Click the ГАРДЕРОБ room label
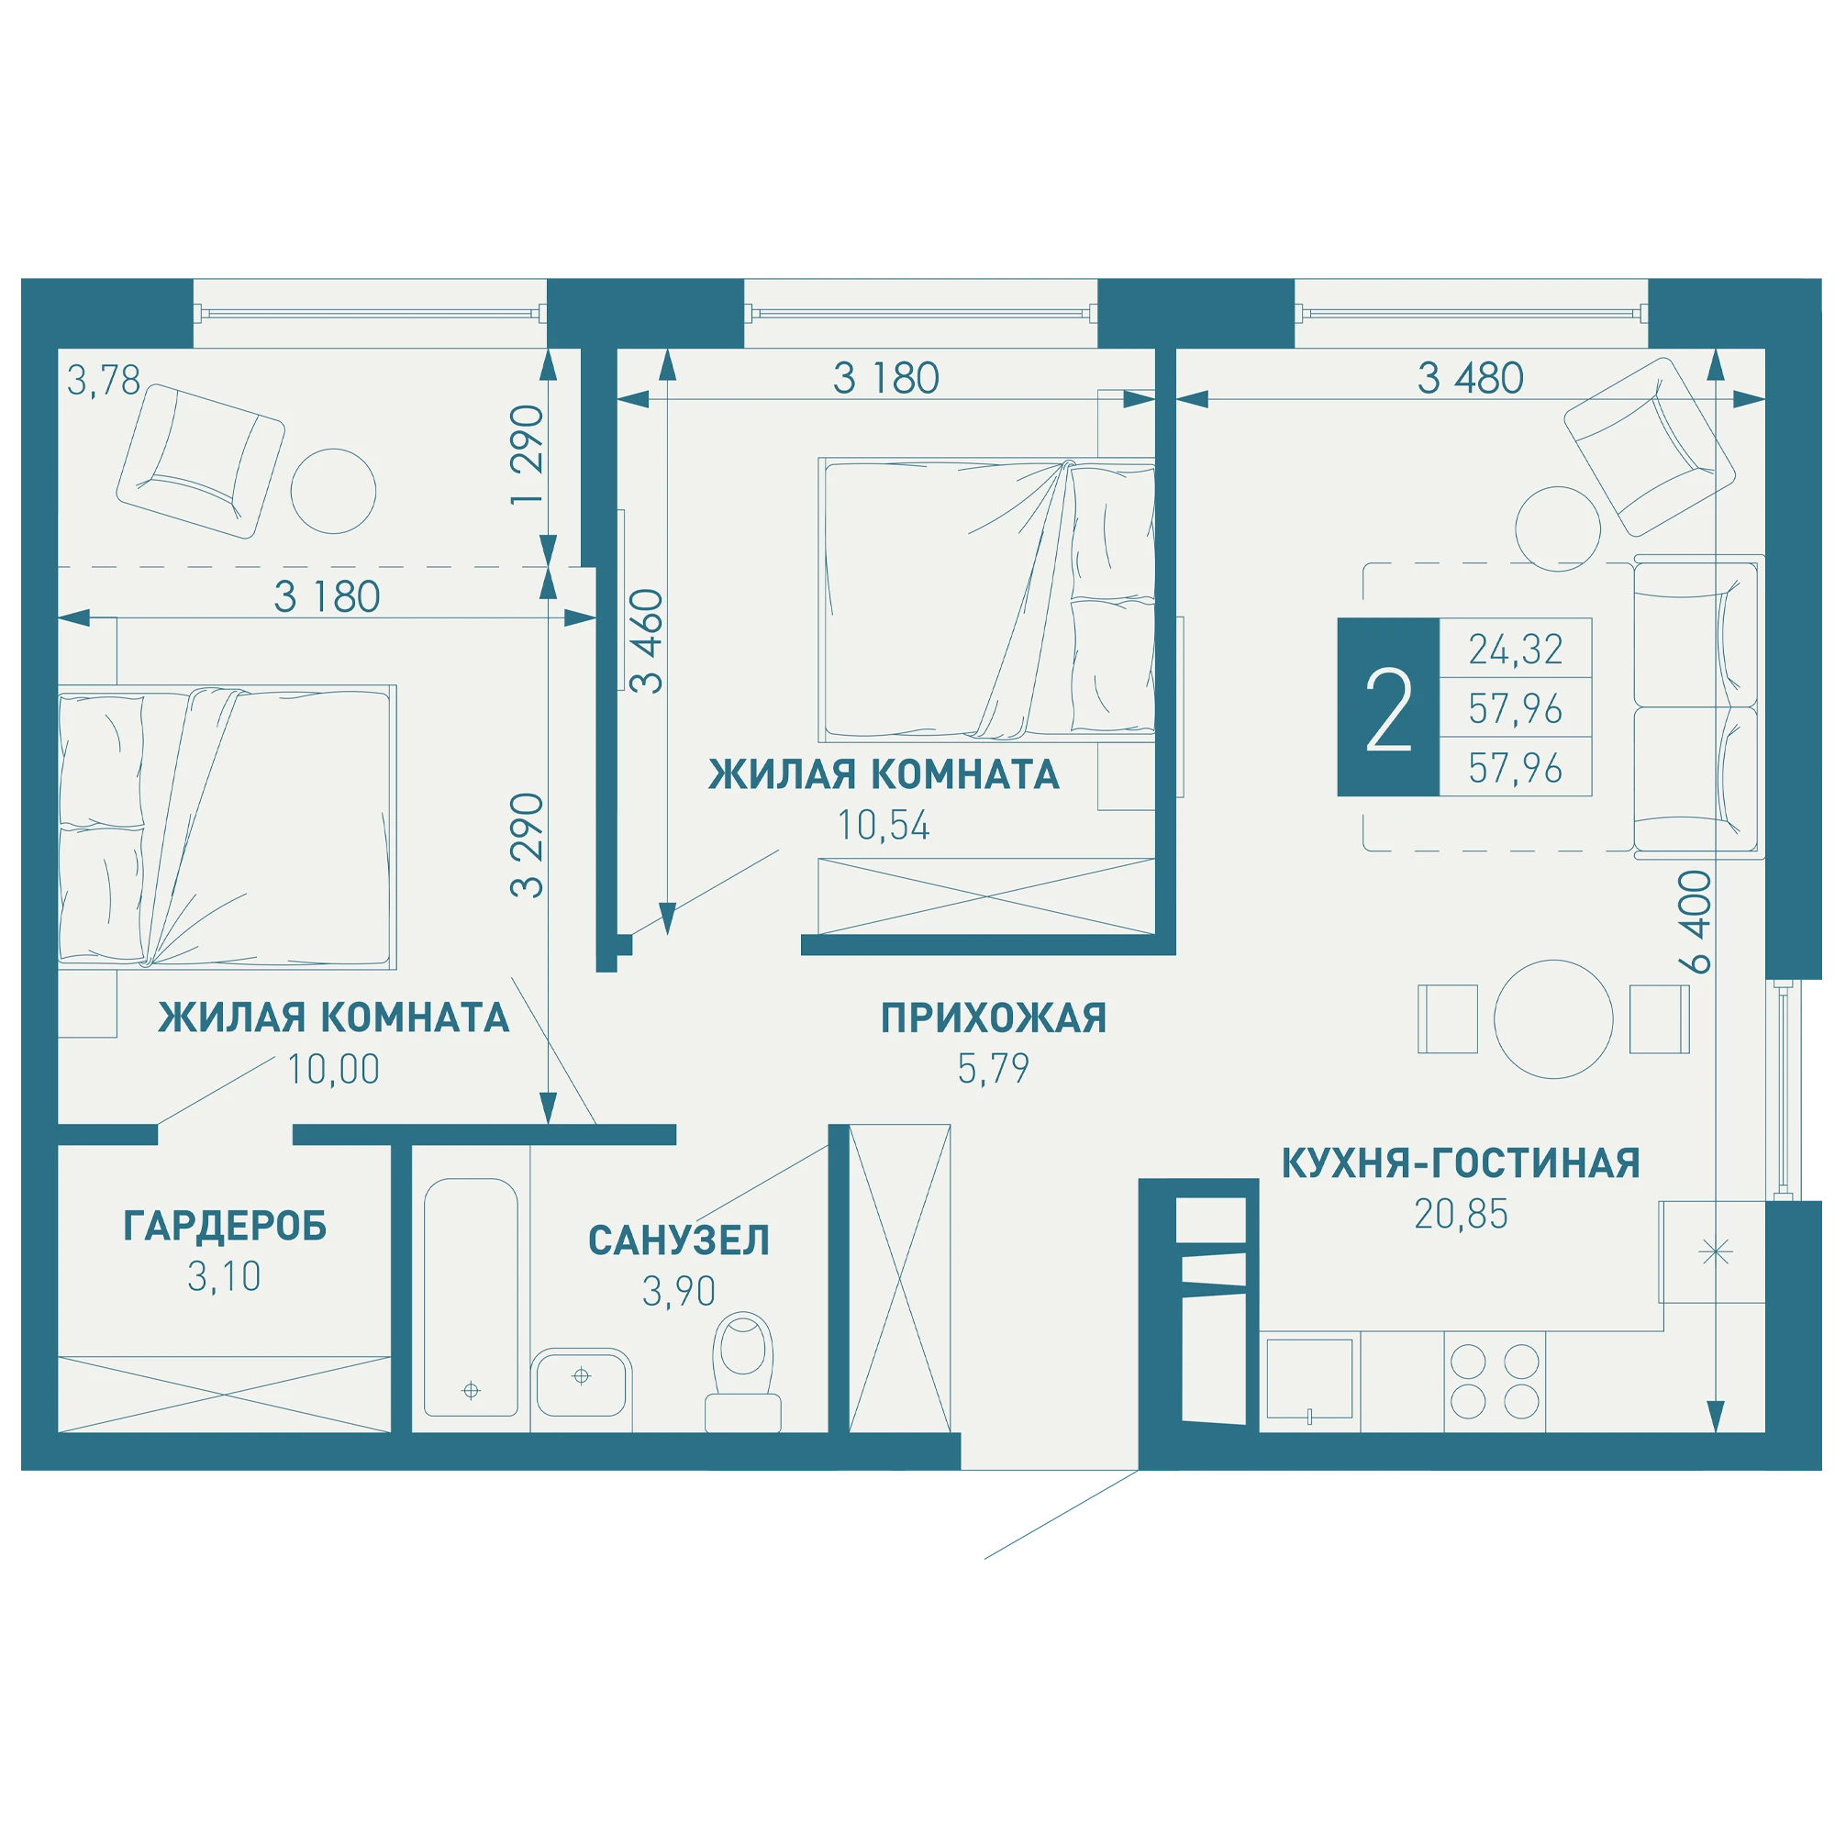225,1226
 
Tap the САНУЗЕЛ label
679,1240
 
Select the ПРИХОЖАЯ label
994,1018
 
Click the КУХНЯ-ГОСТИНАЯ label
1461,1163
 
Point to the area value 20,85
1461,1215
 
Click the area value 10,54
884,827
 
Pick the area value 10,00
333,1070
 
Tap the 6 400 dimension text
1696,922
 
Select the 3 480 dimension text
1470,378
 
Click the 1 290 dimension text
528,455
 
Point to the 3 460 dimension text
647,641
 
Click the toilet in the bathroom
743,1373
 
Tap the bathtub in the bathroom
471,1297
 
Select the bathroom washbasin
582,1383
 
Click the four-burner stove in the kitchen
1495,1381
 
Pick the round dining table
1554,1019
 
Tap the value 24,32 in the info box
1516,650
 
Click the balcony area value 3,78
104,381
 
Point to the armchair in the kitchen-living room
1650,447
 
